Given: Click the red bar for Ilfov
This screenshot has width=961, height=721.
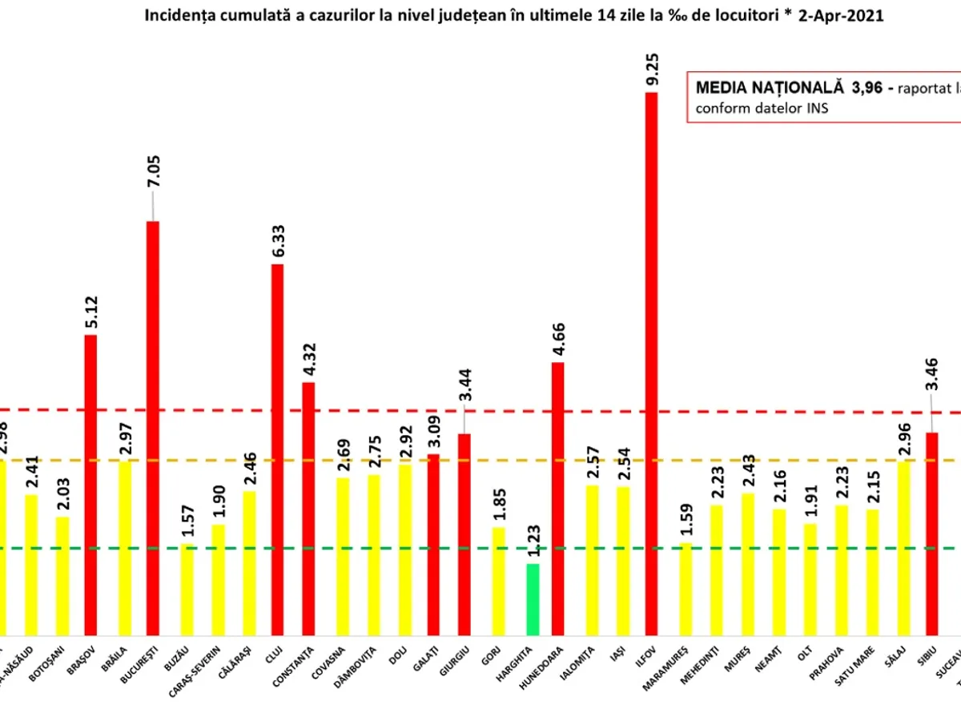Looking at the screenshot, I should click(x=651, y=360).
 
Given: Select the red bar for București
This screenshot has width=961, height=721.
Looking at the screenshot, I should click(x=152, y=425).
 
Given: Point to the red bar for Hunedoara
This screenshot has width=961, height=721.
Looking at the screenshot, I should click(x=557, y=497).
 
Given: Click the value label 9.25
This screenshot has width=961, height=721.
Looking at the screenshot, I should click(x=653, y=70).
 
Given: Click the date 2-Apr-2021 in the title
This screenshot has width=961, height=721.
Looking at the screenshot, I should click(x=841, y=16).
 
